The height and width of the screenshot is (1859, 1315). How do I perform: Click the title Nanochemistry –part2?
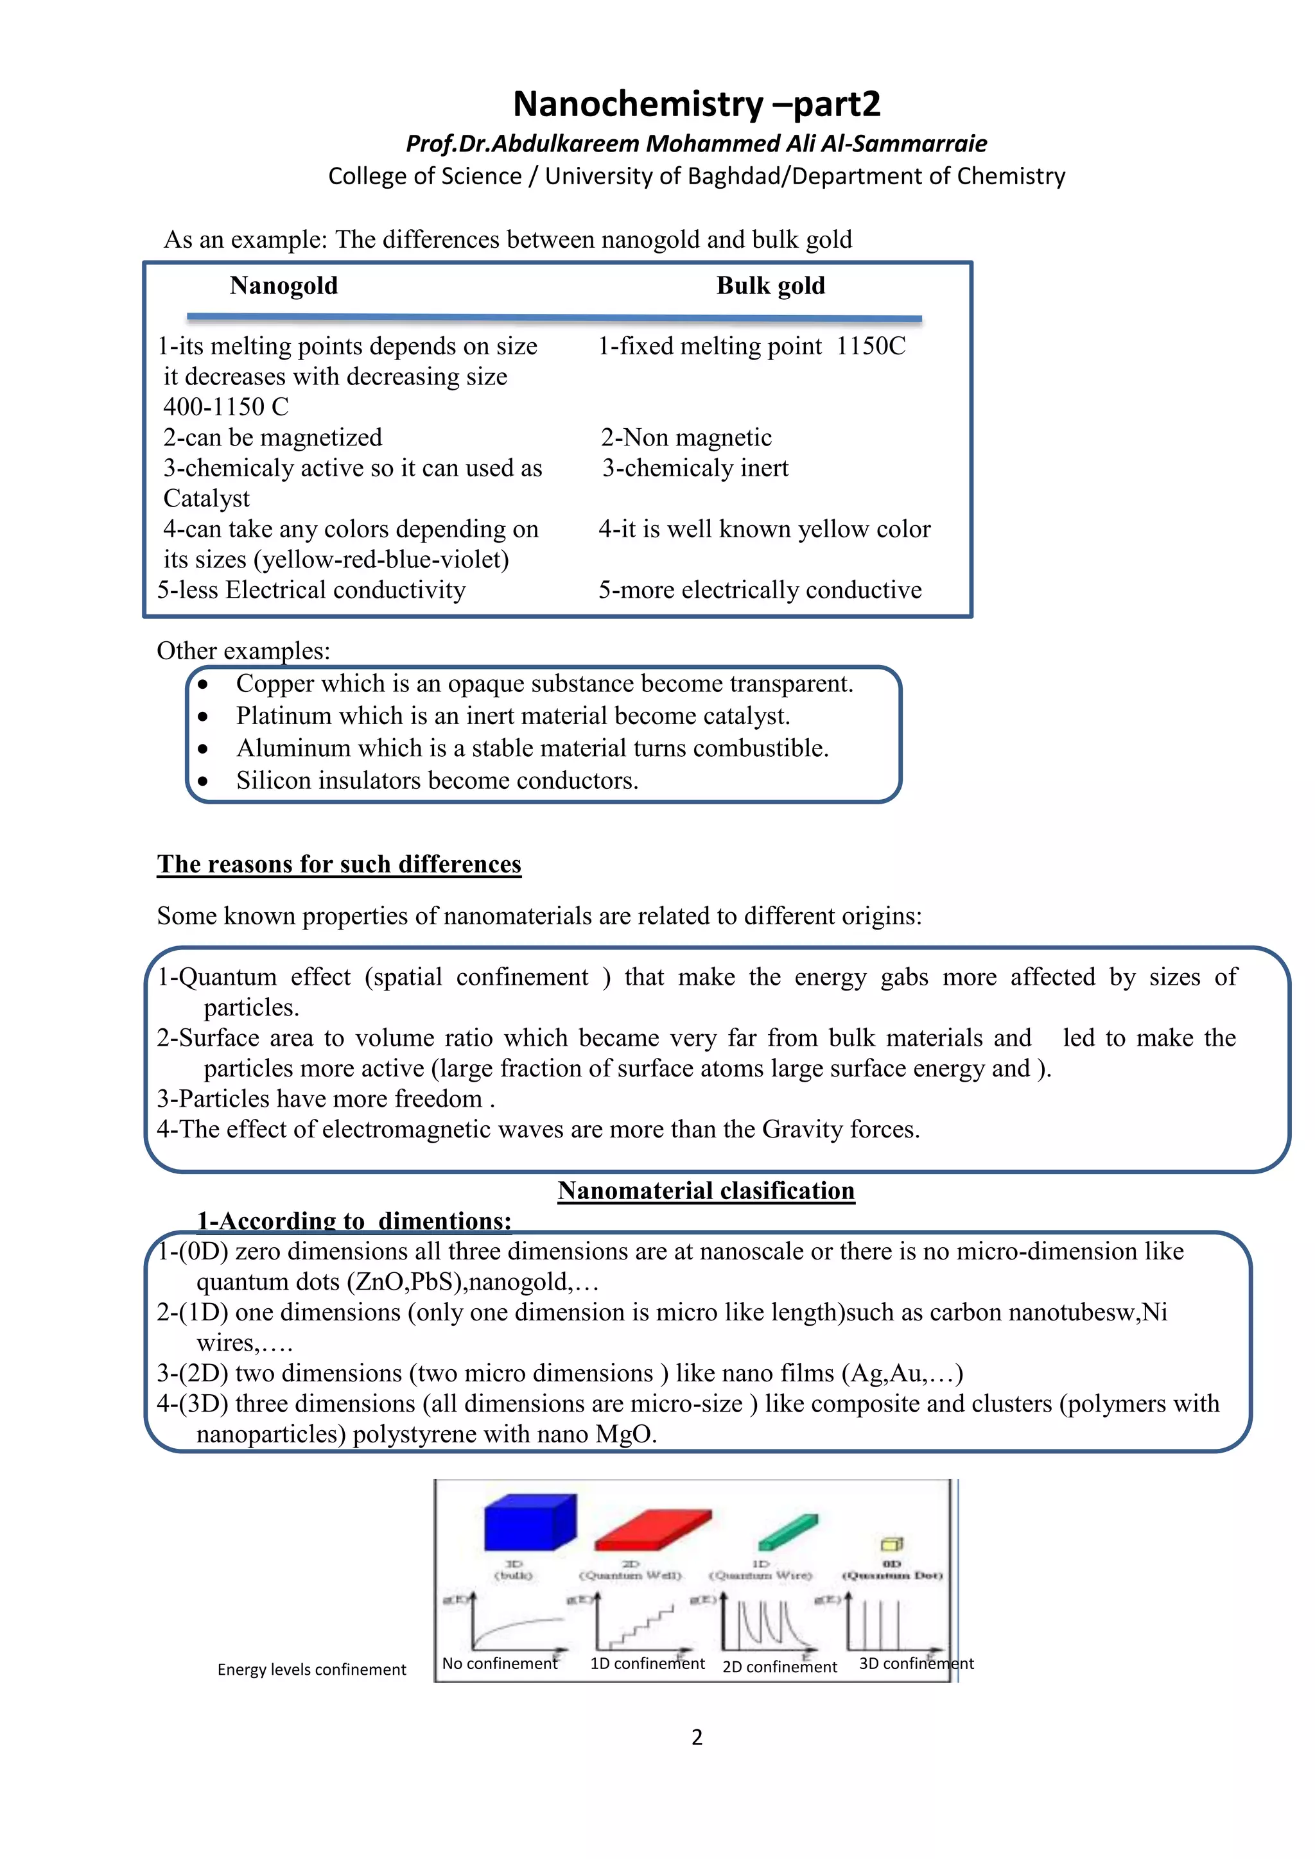697,103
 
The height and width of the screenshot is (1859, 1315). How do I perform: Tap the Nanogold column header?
283,286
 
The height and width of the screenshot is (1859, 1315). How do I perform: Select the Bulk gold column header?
770,286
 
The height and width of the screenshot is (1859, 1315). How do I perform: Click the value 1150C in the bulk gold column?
871,347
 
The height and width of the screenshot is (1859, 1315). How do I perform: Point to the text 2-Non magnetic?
686,438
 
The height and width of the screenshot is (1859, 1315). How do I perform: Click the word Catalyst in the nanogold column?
207,499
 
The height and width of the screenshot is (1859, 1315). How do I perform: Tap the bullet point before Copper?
202,685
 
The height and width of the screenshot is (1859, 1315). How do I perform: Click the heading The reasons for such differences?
338,864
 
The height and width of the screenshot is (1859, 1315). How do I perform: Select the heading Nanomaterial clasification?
706,1191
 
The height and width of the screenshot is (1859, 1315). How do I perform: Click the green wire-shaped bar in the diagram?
788,1532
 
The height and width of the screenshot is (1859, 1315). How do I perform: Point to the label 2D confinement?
779,1667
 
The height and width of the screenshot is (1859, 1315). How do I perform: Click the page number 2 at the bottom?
697,1738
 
